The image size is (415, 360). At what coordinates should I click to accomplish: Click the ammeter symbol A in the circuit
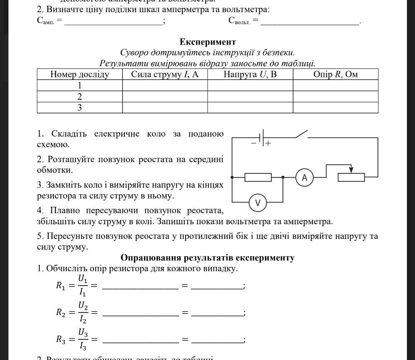pyautogui.click(x=304, y=177)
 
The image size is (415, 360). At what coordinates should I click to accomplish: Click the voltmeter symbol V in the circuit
pyautogui.click(x=258, y=203)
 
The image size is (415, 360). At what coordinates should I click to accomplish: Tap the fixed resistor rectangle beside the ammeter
pyautogui.click(x=258, y=177)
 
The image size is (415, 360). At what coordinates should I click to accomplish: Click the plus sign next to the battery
pyautogui.click(x=268, y=143)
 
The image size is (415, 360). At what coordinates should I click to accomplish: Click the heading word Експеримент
pyautogui.click(x=207, y=42)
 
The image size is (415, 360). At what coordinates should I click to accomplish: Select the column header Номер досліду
pyautogui.click(x=80, y=74)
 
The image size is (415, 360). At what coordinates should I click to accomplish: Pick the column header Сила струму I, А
pyautogui.click(x=165, y=74)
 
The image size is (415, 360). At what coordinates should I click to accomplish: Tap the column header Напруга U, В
pyautogui.click(x=250, y=74)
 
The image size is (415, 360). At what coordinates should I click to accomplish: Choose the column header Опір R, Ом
pyautogui.click(x=335, y=74)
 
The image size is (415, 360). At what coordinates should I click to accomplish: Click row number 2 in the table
pyautogui.click(x=80, y=97)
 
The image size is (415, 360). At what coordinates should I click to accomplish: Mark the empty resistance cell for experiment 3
pyautogui.click(x=335, y=108)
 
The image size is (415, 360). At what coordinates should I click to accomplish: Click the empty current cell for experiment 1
pyautogui.click(x=165, y=85)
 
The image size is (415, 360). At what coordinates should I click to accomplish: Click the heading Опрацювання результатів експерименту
pyautogui.click(x=207, y=258)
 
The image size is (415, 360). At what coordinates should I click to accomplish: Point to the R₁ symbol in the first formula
pyautogui.click(x=61, y=286)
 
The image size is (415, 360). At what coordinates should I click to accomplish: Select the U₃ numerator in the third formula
pyautogui.click(x=83, y=332)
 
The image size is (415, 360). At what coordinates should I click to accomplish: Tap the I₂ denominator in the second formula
pyautogui.click(x=83, y=319)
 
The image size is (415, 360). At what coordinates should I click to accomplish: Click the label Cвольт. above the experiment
pyautogui.click(x=239, y=21)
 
